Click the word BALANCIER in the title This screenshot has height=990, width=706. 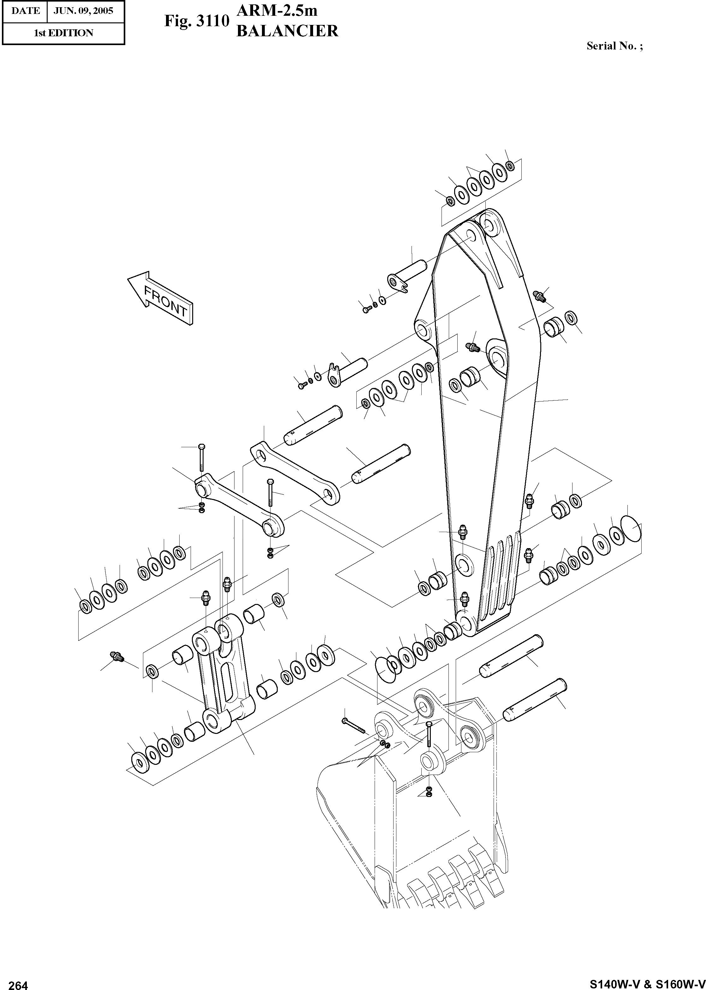[287, 31]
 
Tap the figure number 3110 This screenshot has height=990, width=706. [212, 21]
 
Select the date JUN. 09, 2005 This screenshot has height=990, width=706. [83, 11]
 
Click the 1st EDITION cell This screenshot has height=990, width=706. [63, 33]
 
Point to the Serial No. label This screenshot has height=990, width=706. [614, 46]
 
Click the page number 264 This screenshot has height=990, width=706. [18, 983]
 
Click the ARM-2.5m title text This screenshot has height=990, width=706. [276, 10]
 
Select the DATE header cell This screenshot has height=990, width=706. [26, 11]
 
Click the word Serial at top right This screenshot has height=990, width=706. [600, 46]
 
